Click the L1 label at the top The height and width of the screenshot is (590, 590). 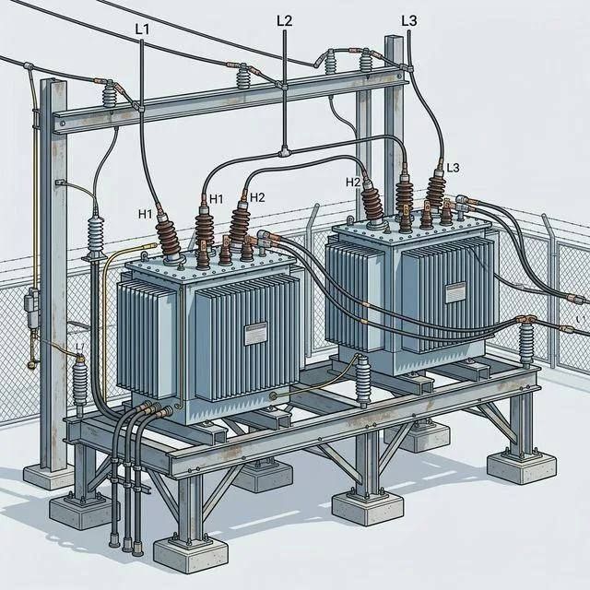(x=141, y=29)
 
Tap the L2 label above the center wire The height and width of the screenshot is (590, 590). (x=284, y=19)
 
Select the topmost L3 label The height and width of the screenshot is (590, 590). (x=409, y=18)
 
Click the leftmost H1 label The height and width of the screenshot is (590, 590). (x=145, y=214)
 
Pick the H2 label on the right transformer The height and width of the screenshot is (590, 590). (x=353, y=182)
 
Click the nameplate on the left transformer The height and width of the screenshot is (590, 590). (x=254, y=335)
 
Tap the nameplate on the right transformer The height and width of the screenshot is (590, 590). (x=456, y=293)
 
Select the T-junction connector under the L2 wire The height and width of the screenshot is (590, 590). (x=286, y=150)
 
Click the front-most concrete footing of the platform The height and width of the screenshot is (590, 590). (x=190, y=552)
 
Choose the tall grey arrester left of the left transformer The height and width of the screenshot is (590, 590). (x=94, y=242)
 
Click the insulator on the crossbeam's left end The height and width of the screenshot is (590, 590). (x=111, y=95)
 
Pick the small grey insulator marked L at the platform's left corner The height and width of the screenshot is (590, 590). (x=79, y=379)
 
